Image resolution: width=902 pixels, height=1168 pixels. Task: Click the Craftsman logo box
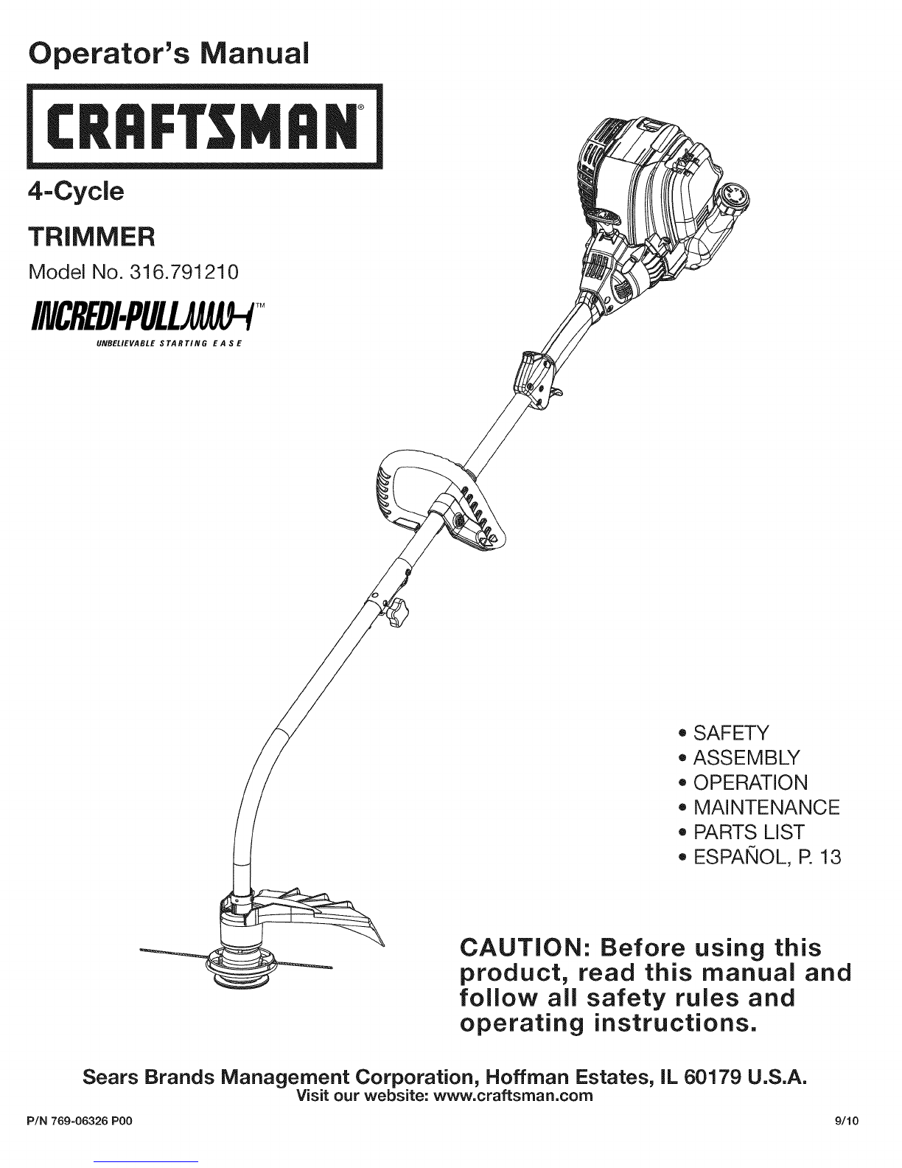click(x=205, y=126)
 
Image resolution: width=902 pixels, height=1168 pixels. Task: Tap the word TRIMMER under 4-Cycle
click(x=91, y=237)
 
